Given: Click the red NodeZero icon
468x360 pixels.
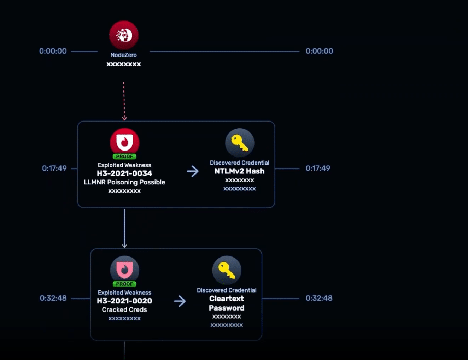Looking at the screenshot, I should [124, 35].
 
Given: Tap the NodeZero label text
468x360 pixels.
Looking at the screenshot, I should [124, 55].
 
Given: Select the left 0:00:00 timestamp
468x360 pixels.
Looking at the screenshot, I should [53, 51].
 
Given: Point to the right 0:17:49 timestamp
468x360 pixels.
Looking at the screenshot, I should [318, 169].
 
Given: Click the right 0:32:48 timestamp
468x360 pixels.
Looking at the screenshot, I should [319, 298].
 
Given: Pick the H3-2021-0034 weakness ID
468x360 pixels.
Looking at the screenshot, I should [124, 173].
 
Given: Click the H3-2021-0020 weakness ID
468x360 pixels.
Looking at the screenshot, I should [124, 301].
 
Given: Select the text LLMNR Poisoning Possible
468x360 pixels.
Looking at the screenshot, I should [124, 182].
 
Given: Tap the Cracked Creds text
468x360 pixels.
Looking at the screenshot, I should [124, 310].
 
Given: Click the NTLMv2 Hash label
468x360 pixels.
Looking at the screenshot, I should [239, 171].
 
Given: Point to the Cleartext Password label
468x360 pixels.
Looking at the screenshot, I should [227, 303].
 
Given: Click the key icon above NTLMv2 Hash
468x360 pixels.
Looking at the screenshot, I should [240, 143].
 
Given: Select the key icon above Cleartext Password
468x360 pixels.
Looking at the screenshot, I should [227, 270].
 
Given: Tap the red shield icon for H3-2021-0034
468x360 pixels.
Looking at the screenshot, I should [124, 141].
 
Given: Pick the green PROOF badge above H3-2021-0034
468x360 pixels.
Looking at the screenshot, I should [124, 157].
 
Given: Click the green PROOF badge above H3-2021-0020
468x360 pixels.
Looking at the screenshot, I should [124, 284].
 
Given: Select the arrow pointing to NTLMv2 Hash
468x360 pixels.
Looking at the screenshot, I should [193, 171].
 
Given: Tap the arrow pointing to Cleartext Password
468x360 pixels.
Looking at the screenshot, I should [180, 301].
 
